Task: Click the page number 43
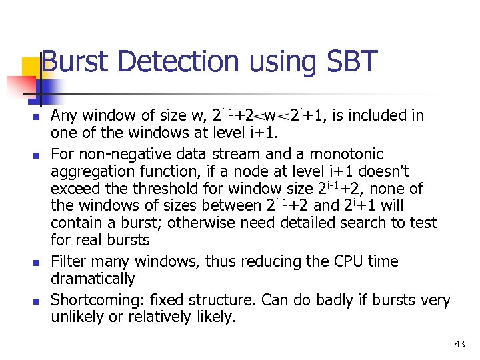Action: [x=459, y=344]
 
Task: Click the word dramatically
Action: [x=93, y=279]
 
